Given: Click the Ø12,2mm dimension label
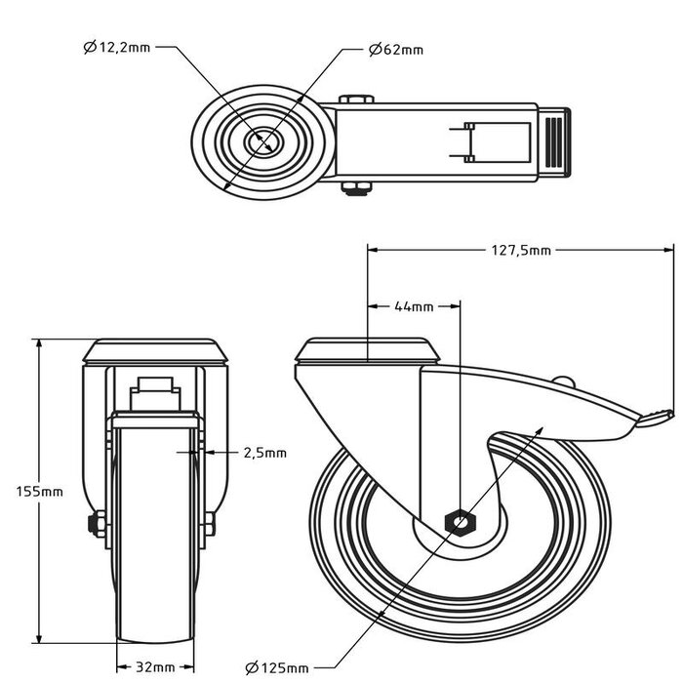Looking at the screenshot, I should pyautogui.click(x=116, y=47).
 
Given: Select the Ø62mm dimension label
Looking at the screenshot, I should pyautogui.click(x=396, y=49).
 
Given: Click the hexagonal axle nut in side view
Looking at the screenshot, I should pyautogui.click(x=458, y=522).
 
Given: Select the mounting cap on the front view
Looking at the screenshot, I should pyautogui.click(x=155, y=350).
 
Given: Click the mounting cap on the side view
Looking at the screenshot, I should pyautogui.click(x=368, y=351).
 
